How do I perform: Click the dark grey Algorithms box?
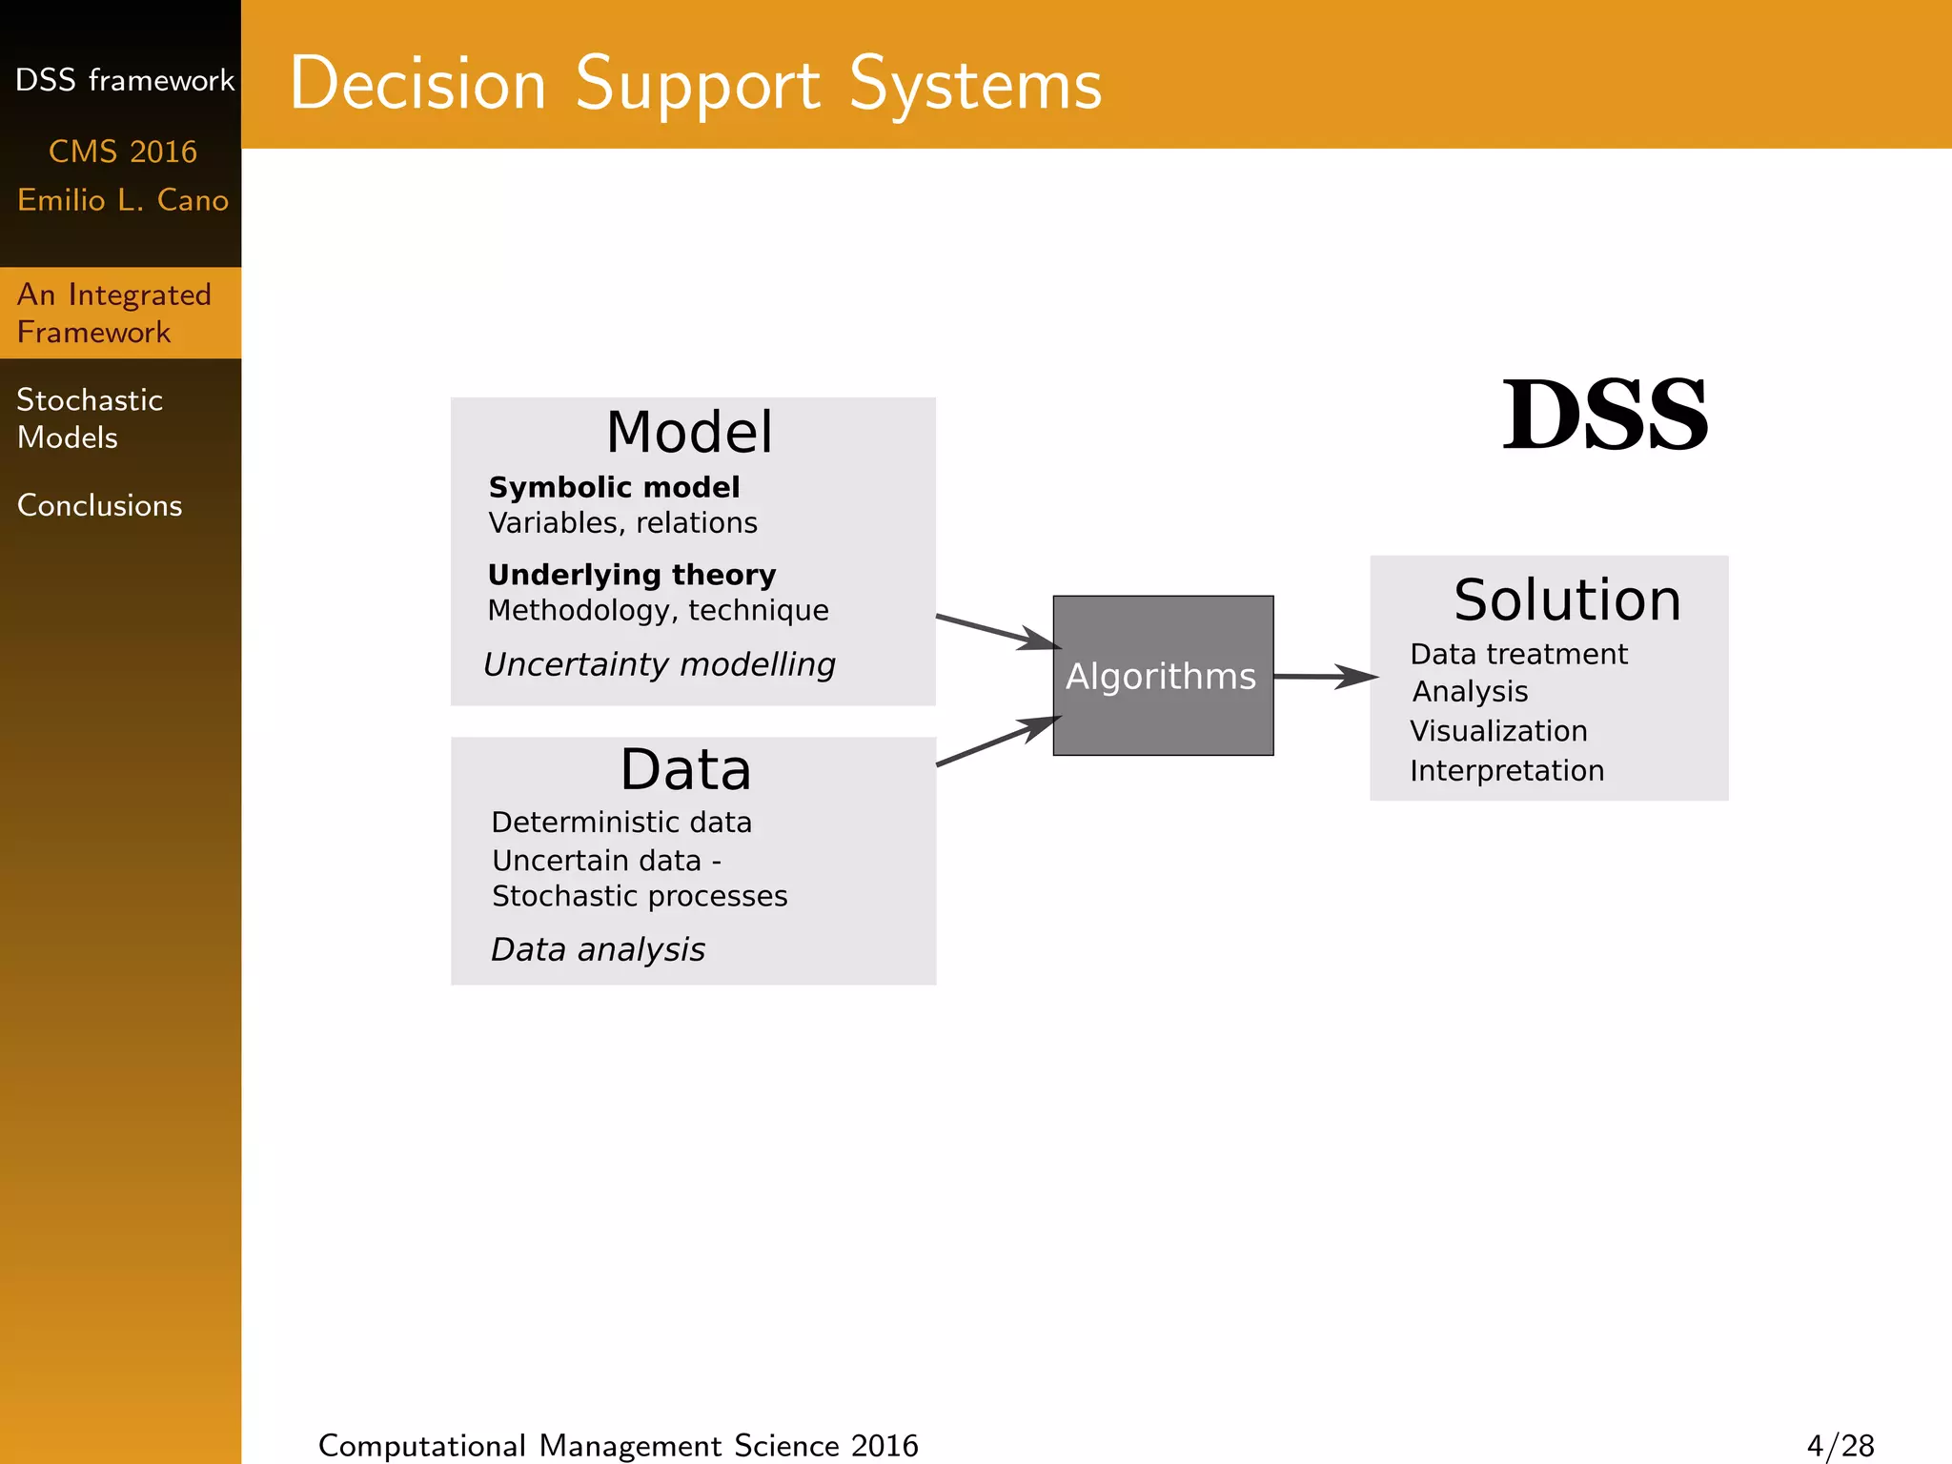click(x=1163, y=676)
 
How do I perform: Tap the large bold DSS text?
click(x=1605, y=416)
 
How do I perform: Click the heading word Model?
click(x=689, y=432)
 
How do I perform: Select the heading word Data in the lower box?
click(x=685, y=769)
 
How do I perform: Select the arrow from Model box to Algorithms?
click(x=997, y=632)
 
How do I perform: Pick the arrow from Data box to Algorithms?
click(x=997, y=742)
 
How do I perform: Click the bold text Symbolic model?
click(x=614, y=487)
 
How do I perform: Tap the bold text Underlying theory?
click(x=632, y=575)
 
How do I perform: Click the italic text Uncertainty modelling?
click(x=659, y=664)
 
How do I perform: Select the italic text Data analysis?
click(x=598, y=949)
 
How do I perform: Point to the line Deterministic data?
click(x=621, y=822)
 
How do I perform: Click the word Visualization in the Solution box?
click(x=1498, y=731)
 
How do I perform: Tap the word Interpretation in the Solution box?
click(x=1507, y=770)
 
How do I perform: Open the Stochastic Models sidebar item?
click(x=90, y=418)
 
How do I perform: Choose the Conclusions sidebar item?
click(x=99, y=505)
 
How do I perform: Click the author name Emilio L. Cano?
click(x=123, y=200)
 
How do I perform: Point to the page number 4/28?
click(x=1840, y=1445)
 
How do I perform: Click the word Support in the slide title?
click(x=698, y=84)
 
